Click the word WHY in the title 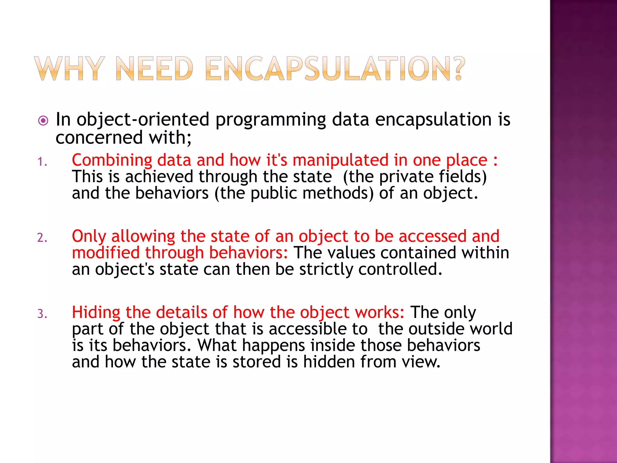[x=69, y=69]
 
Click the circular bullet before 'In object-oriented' [x=43, y=121]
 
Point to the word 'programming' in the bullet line [x=271, y=120]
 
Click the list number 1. [x=42, y=162]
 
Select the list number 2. [x=42, y=238]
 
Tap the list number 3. [x=42, y=314]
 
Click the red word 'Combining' [x=112, y=160]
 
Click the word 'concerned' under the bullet [x=99, y=138]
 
